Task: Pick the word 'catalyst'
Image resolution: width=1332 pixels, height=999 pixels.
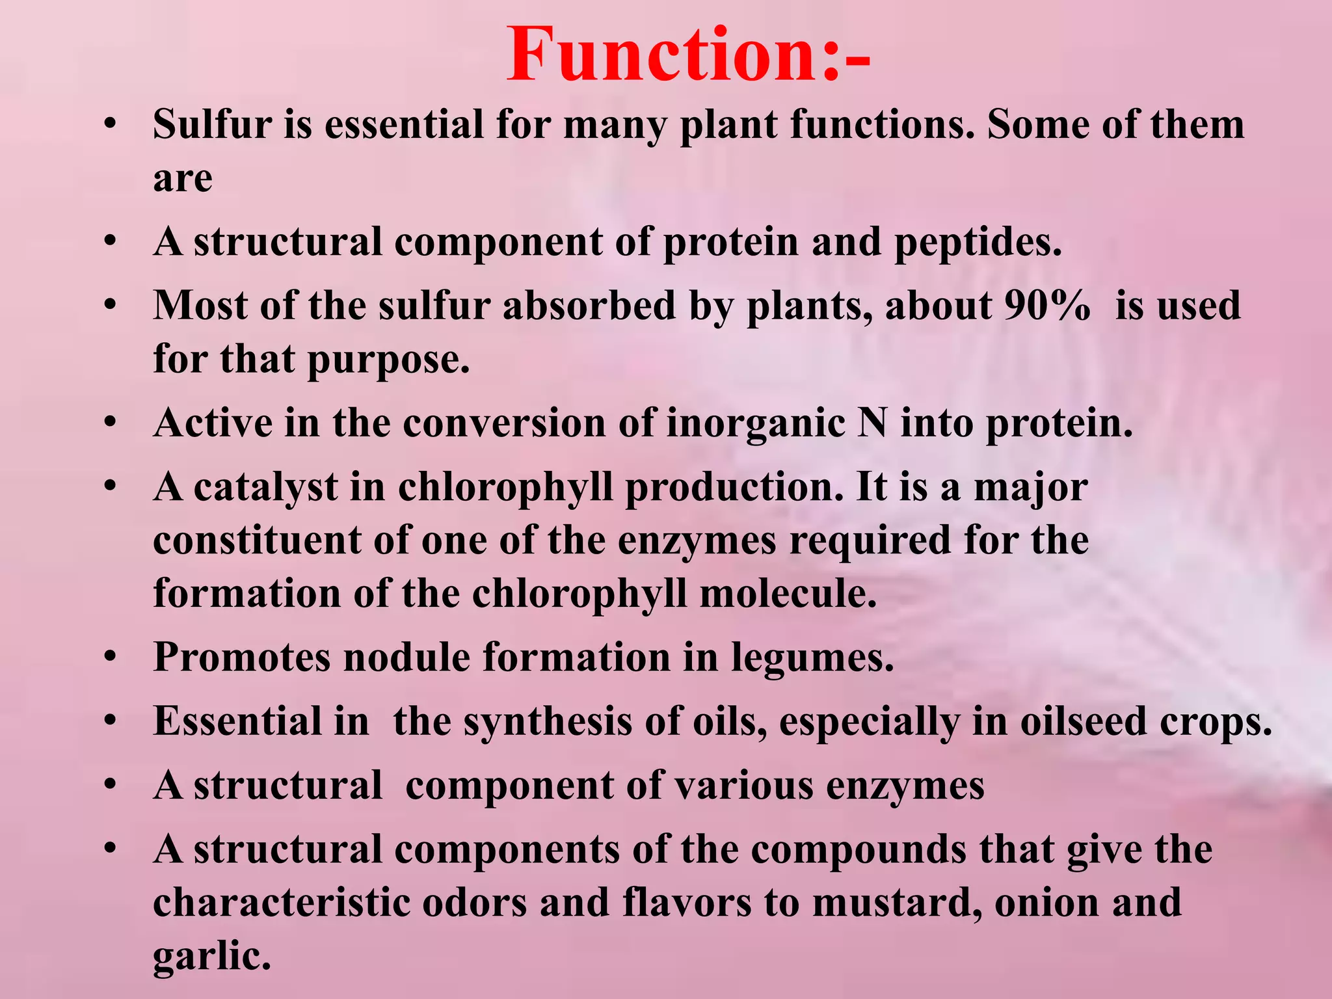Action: (266, 487)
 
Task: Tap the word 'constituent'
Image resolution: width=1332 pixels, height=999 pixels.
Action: (257, 540)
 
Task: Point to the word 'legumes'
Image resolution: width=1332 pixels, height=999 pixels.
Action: (812, 658)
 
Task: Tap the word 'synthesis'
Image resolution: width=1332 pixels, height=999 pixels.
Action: (547, 722)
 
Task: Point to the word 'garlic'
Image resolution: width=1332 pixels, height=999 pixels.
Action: (211, 956)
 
